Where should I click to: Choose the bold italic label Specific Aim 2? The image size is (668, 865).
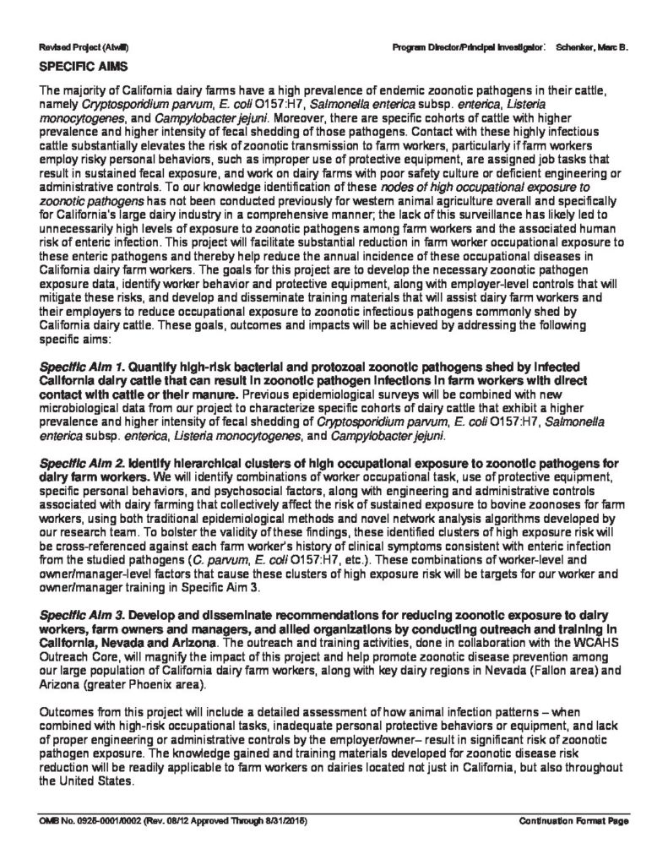pyautogui.click(x=75, y=463)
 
